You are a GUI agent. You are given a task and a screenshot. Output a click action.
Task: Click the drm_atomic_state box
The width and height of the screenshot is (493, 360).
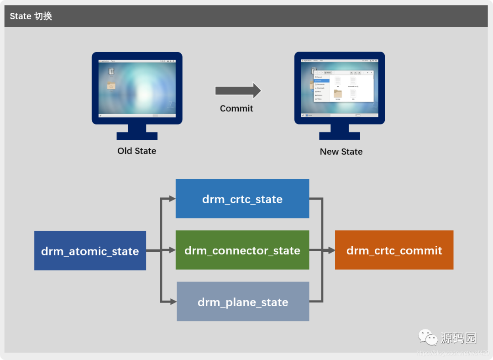pos(90,250)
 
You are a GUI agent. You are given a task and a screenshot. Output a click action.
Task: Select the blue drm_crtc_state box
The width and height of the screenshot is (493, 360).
pos(242,199)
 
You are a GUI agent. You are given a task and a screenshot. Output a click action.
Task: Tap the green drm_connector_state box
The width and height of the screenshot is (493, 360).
pos(242,250)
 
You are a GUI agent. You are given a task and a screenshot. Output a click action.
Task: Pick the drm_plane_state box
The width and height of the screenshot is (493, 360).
pos(242,302)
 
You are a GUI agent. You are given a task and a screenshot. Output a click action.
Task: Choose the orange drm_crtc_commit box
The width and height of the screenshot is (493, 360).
pos(394,250)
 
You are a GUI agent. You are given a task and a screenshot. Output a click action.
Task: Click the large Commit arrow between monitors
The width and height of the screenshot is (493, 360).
pos(238,90)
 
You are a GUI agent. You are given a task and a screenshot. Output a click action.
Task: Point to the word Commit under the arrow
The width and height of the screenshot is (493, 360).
pos(236,108)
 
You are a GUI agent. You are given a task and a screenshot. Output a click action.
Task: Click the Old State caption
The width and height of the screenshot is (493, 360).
pos(136,151)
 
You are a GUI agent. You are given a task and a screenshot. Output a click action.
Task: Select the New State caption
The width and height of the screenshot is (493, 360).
pos(341,152)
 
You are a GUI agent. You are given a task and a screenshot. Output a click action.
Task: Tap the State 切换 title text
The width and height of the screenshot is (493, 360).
pos(31,16)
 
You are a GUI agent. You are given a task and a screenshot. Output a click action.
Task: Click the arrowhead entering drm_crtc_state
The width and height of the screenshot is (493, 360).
pos(172,199)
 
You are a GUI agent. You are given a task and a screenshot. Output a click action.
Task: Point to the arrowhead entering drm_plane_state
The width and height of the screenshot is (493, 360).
pos(173,302)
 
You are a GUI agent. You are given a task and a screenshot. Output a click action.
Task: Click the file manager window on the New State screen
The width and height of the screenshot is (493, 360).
pos(343,85)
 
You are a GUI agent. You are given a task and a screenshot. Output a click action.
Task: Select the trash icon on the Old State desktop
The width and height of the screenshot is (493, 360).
pos(111,71)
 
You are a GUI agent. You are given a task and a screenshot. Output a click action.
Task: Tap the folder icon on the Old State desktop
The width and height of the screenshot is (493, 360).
pos(111,85)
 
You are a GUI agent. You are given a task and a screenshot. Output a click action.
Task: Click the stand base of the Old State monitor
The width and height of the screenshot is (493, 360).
pos(137,136)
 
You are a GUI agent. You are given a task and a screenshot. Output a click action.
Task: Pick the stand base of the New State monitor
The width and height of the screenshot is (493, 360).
pos(339,136)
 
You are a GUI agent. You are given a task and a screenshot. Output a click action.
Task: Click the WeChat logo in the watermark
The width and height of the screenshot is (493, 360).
pos(428,338)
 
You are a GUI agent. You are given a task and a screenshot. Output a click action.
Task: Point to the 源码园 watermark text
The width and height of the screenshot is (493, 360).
pos(458,338)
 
